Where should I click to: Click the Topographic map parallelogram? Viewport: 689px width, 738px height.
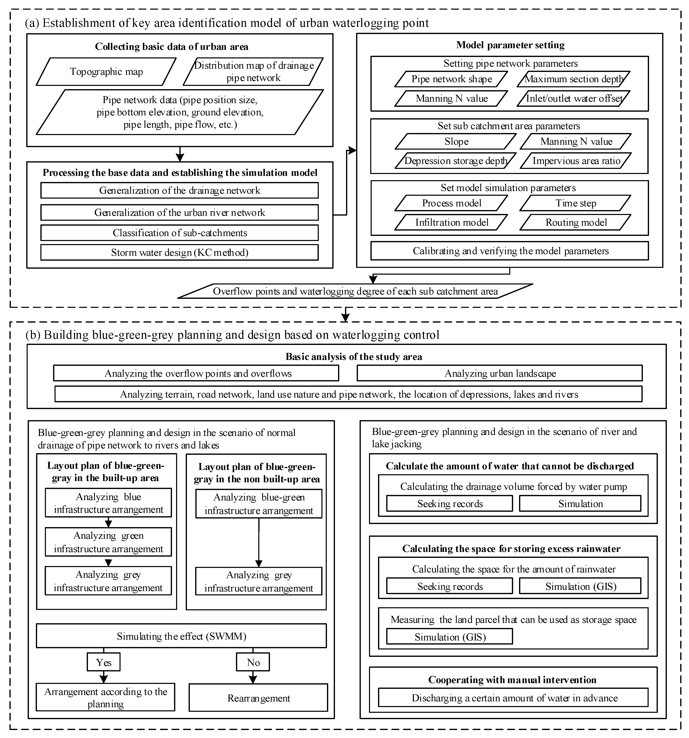click(x=106, y=72)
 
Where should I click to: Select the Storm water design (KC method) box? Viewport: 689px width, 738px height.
click(x=179, y=252)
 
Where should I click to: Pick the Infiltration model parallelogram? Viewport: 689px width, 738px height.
click(x=451, y=222)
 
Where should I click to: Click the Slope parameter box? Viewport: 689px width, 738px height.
click(x=456, y=141)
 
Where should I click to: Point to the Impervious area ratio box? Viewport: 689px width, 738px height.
click(x=576, y=161)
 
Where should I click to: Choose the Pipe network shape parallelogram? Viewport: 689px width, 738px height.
click(x=451, y=79)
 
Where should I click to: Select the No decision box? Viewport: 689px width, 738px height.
click(x=253, y=662)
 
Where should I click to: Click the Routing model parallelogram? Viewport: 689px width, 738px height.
click(x=576, y=222)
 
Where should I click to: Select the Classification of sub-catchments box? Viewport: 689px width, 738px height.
click(x=179, y=233)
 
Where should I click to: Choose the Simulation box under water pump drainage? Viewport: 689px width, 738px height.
click(x=580, y=504)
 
